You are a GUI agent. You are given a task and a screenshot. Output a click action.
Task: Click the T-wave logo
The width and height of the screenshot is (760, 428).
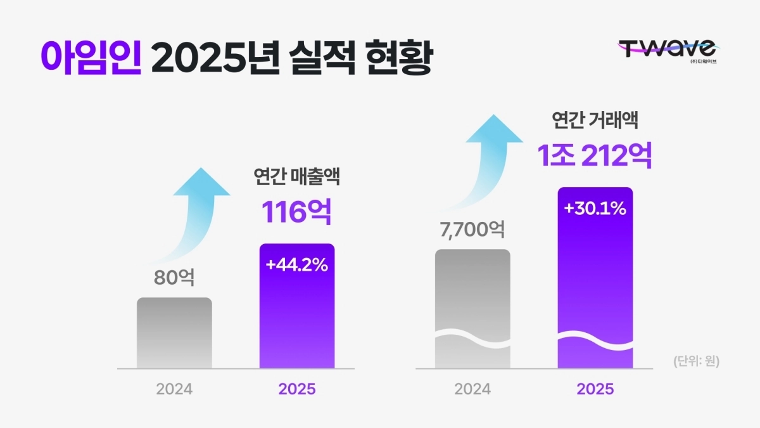pyautogui.click(x=667, y=49)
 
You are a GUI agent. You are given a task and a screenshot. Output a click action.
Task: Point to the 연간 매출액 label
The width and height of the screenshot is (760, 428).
pyautogui.click(x=296, y=177)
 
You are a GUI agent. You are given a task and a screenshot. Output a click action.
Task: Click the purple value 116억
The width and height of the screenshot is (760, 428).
pyautogui.click(x=297, y=212)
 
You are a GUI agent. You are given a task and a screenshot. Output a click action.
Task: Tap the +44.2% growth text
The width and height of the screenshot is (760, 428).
pyautogui.click(x=297, y=265)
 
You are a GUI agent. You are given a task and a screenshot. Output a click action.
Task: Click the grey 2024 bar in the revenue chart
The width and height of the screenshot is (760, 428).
pyautogui.click(x=174, y=333)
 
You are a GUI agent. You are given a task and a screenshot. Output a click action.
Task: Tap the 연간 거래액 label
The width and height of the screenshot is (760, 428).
pyautogui.click(x=595, y=120)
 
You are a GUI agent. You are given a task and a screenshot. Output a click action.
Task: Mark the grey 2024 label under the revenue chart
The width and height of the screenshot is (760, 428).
pyautogui.click(x=174, y=389)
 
